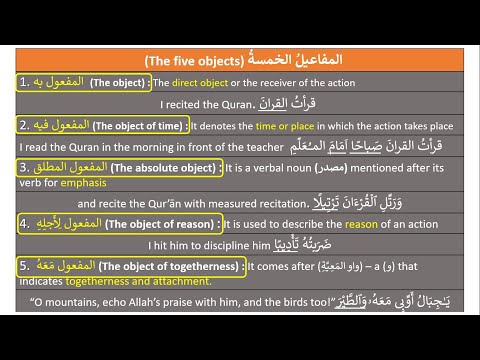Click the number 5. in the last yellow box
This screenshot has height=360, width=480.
pyautogui.click(x=25, y=267)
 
